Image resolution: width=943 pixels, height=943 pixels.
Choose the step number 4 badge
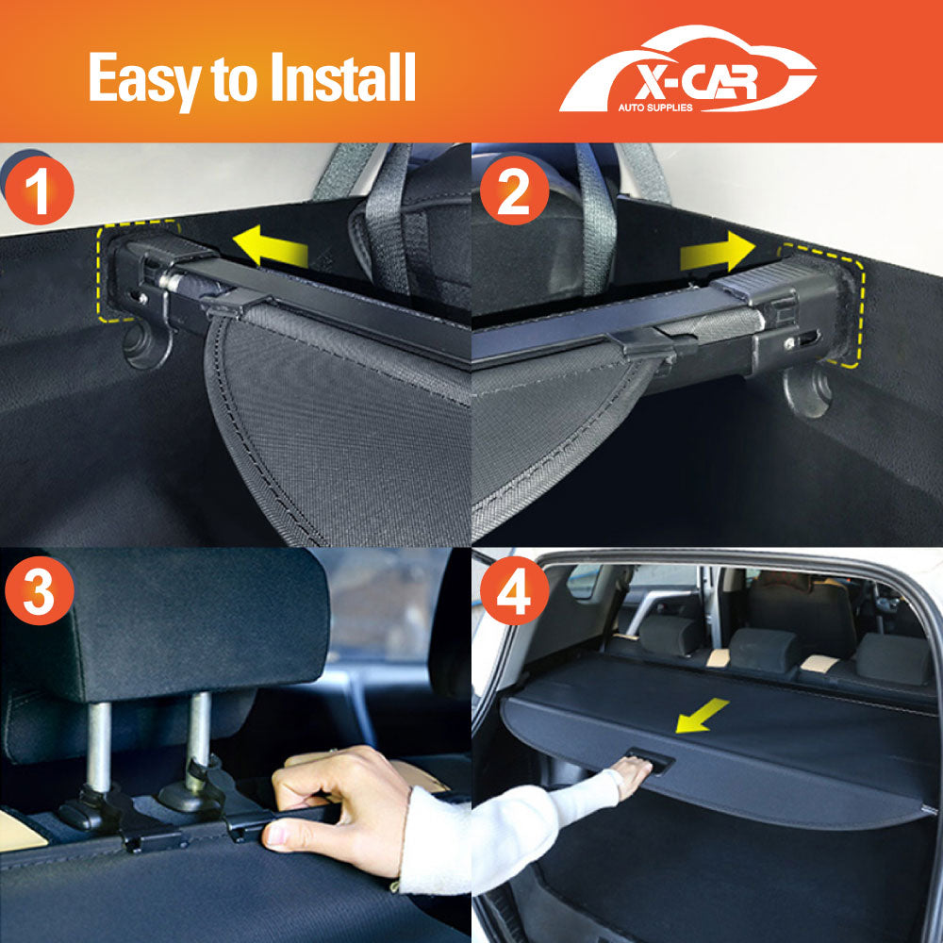pyautogui.click(x=514, y=592)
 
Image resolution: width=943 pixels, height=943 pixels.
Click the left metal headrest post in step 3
pyautogui.click(x=99, y=745)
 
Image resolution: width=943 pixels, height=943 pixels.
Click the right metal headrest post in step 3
pyautogui.click(x=197, y=736)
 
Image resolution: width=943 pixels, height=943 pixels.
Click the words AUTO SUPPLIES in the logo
pyautogui.click(x=654, y=108)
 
